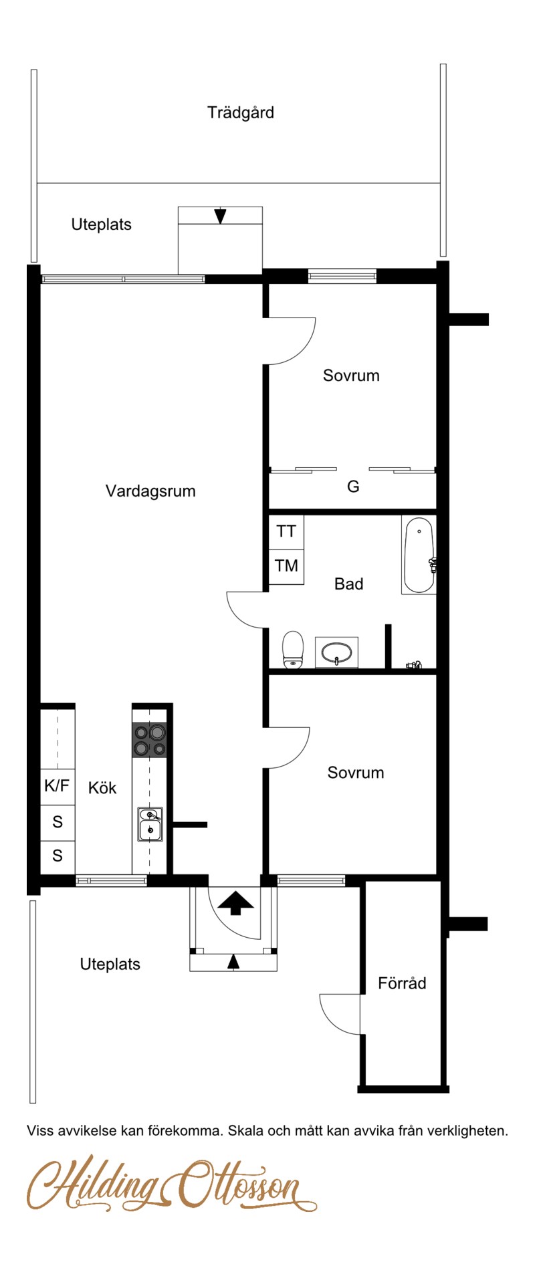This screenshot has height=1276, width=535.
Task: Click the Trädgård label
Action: click(241, 112)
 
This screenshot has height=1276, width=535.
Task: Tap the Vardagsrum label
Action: click(150, 491)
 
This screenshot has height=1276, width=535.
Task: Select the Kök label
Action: click(102, 788)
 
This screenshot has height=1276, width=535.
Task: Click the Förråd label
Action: click(402, 983)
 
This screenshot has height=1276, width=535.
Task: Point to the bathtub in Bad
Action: click(419, 555)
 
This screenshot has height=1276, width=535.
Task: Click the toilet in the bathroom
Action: click(293, 650)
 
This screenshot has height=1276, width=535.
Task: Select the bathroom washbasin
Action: click(336, 652)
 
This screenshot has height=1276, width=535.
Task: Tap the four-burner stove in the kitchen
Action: click(150, 739)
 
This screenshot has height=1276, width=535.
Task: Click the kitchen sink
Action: click(150, 824)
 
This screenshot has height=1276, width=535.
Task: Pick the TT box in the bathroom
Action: click(286, 532)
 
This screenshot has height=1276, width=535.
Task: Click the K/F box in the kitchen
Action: click(58, 786)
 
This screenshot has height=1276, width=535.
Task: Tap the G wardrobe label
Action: click(353, 487)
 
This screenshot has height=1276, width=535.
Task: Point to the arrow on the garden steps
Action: click(220, 217)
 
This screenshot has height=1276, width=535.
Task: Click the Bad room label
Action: click(348, 584)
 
